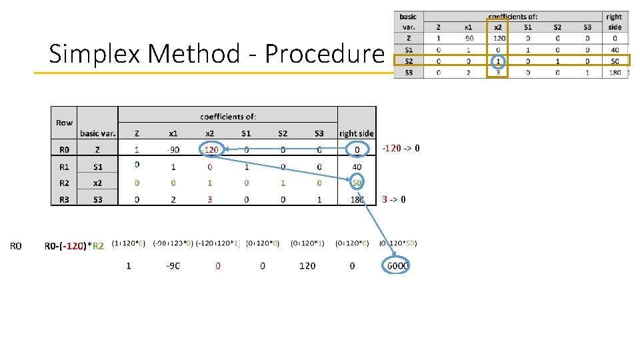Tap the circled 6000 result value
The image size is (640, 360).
pyautogui.click(x=397, y=265)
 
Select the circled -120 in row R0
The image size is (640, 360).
pyautogui.click(x=210, y=149)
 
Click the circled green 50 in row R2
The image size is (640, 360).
pyautogui.click(x=357, y=182)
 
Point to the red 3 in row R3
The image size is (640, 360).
pyautogui.click(x=209, y=199)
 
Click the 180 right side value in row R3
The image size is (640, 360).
pyautogui.click(x=356, y=199)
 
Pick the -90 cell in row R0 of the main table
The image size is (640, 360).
pyautogui.click(x=173, y=149)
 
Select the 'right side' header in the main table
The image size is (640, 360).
pyautogui.click(x=357, y=133)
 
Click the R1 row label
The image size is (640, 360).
pyautogui.click(x=64, y=166)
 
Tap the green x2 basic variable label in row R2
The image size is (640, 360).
pyautogui.click(x=97, y=182)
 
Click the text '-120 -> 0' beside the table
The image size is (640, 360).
pyautogui.click(x=401, y=148)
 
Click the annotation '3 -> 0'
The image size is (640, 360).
pyautogui.click(x=394, y=199)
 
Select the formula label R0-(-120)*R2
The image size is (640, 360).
pyautogui.click(x=74, y=246)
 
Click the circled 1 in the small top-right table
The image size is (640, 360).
pyautogui.click(x=497, y=61)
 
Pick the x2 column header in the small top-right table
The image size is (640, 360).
pyautogui.click(x=497, y=27)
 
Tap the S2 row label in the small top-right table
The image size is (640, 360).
pyautogui.click(x=408, y=61)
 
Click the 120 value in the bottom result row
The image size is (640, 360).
pyautogui.click(x=307, y=265)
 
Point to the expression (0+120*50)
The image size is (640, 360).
pyautogui.click(x=398, y=243)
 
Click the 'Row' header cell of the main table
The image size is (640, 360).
pyautogui.click(x=64, y=123)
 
